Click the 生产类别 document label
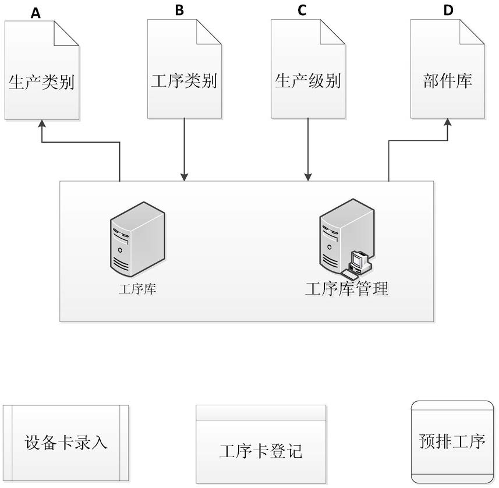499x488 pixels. coord(41,82)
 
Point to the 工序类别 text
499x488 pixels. coord(183,80)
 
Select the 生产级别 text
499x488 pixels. coord(307,80)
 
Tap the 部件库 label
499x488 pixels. coord(447,80)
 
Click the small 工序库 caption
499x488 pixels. coord(137,289)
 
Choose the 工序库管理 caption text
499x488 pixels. coord(347,288)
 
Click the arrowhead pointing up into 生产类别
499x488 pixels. coord(41,125)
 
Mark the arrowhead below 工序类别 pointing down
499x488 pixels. coord(184,176)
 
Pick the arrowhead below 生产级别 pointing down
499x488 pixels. coord(308,176)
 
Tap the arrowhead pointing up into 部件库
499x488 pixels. coord(448,123)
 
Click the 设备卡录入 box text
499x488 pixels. coord(66,442)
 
